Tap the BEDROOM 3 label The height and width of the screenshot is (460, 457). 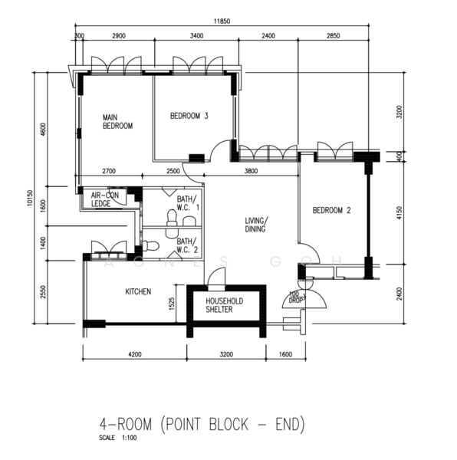pos(189,116)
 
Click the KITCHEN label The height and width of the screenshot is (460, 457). pos(138,291)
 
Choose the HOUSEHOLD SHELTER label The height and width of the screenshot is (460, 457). pos(224,306)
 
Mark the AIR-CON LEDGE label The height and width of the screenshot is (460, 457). pos(105,199)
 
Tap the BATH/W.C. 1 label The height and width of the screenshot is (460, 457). pos(188,202)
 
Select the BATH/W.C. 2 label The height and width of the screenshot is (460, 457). pos(188,245)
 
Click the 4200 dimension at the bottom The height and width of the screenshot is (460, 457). pos(134,355)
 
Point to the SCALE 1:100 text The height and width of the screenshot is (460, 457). pos(116,438)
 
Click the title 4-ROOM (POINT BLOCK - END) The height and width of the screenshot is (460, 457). pos(202,422)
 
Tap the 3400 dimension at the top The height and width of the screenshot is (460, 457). pos(196,37)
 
